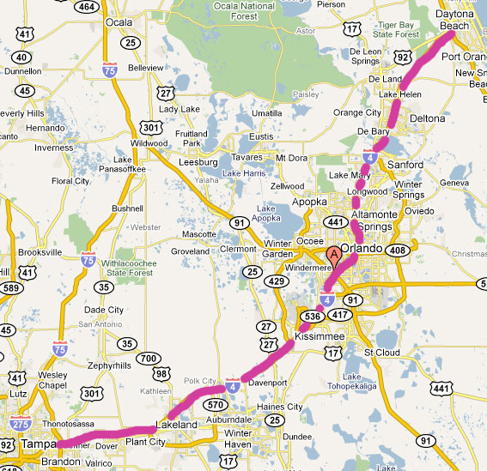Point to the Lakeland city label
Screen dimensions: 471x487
click(x=177, y=424)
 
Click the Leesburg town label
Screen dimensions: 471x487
click(x=197, y=161)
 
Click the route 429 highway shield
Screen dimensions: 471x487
click(x=276, y=281)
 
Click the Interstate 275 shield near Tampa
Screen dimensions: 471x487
click(x=20, y=421)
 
